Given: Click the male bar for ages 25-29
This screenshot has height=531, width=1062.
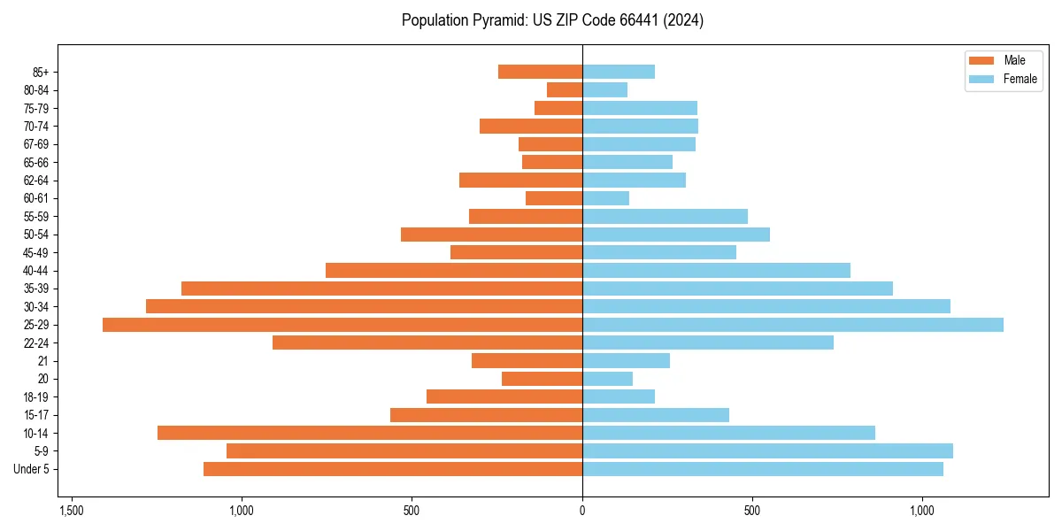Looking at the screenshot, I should click(342, 325).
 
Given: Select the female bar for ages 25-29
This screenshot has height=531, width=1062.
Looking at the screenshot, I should click(793, 325).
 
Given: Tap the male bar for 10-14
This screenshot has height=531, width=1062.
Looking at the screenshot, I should click(370, 433).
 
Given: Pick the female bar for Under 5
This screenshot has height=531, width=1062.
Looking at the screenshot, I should click(763, 469).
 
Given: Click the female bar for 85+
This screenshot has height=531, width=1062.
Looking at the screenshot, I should click(619, 72).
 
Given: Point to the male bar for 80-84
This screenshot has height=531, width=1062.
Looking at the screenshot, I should click(565, 89).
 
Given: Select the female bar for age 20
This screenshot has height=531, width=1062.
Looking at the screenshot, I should click(607, 379).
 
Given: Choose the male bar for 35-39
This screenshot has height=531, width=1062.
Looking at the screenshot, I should click(381, 289).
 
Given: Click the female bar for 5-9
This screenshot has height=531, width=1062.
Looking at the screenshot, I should click(767, 451).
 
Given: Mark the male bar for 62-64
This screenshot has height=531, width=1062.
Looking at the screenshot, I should click(520, 180).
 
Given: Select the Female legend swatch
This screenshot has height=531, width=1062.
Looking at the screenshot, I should click(981, 79).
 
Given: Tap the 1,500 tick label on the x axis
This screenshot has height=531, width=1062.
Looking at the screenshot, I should click(72, 511).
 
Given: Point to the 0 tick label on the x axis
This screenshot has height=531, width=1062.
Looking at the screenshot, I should click(582, 511).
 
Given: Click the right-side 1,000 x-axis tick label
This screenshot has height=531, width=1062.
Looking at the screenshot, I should click(922, 511).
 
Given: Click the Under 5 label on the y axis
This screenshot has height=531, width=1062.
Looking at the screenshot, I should click(32, 469).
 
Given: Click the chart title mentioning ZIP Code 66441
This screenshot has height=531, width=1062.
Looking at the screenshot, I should click(552, 20).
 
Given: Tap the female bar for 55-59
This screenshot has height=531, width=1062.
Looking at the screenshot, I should click(665, 216).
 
